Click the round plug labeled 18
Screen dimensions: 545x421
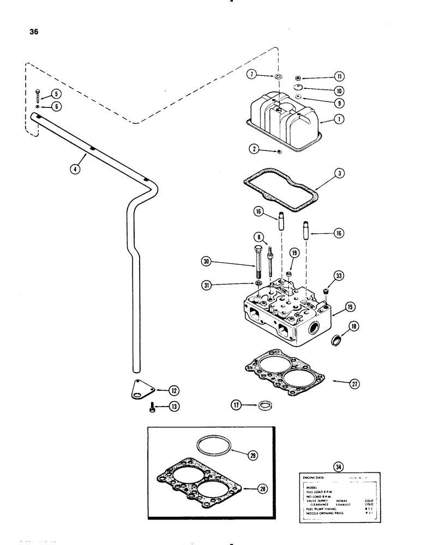point(338,342)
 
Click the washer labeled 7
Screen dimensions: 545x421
point(278,76)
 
